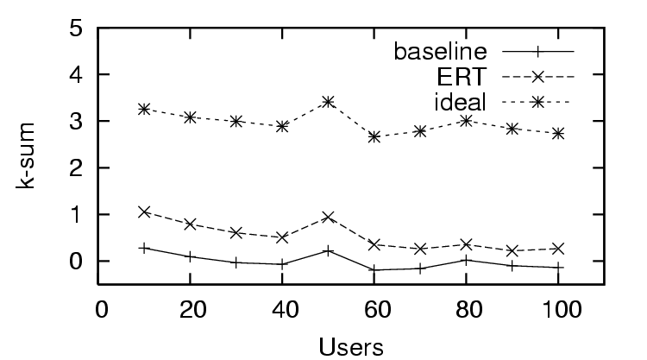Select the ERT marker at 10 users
(144, 212)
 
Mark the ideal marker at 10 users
(144, 109)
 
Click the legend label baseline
(440, 50)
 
